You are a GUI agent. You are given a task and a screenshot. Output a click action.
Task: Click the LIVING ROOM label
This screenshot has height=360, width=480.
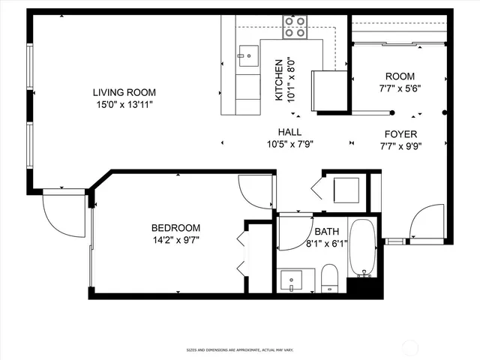pyautogui.click(x=124, y=92)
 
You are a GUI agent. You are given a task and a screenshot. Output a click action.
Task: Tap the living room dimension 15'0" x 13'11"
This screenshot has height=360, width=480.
pyautogui.click(x=124, y=104)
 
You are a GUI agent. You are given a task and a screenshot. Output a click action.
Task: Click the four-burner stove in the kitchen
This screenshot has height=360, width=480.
pyautogui.click(x=295, y=28)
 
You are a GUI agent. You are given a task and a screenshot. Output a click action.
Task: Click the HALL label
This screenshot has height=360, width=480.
pyautogui.click(x=289, y=132)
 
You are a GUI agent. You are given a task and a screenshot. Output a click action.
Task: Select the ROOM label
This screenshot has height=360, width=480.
pyautogui.click(x=400, y=76)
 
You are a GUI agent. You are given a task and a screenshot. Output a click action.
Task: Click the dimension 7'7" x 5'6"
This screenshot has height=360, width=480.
pyautogui.click(x=400, y=88)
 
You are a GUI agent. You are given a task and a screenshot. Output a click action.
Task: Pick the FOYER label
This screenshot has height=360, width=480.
pyautogui.click(x=400, y=134)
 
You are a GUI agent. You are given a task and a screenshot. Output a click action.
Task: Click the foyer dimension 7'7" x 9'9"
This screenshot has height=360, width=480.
pyautogui.click(x=400, y=146)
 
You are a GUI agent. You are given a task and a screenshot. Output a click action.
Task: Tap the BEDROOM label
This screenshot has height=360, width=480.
pyautogui.click(x=176, y=228)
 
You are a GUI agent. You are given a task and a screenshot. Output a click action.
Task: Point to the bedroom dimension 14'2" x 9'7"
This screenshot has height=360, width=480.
pyautogui.click(x=176, y=240)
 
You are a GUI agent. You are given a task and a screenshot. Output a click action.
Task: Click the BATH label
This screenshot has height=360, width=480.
pyautogui.click(x=326, y=232)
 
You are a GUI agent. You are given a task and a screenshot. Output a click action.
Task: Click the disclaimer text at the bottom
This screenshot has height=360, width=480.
pyautogui.click(x=239, y=349)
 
